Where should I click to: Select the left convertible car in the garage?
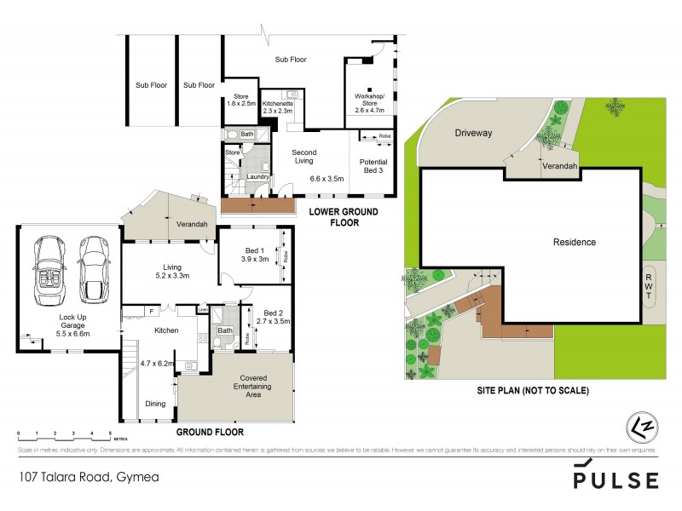(47, 272)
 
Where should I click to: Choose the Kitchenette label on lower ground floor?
(276, 106)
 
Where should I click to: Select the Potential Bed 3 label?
(373, 166)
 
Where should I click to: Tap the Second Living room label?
(303, 157)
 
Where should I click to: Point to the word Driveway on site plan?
(473, 134)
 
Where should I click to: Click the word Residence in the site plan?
(575, 243)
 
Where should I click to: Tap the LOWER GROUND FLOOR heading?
(332, 217)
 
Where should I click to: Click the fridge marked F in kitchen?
(150, 311)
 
